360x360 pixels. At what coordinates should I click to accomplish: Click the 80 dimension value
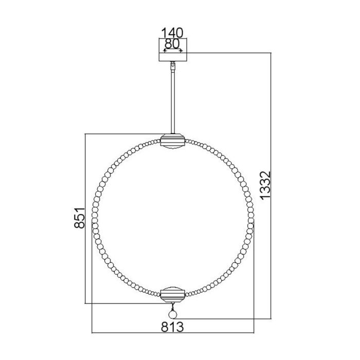(173, 44)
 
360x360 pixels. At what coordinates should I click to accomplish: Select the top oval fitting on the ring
(173, 140)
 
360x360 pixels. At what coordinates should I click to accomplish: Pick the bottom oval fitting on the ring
(173, 295)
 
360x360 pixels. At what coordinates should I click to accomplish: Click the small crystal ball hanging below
(173, 314)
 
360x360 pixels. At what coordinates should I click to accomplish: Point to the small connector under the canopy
(173, 65)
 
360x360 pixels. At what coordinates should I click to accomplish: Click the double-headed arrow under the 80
(173, 50)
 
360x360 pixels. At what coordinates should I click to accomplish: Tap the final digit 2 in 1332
(265, 173)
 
